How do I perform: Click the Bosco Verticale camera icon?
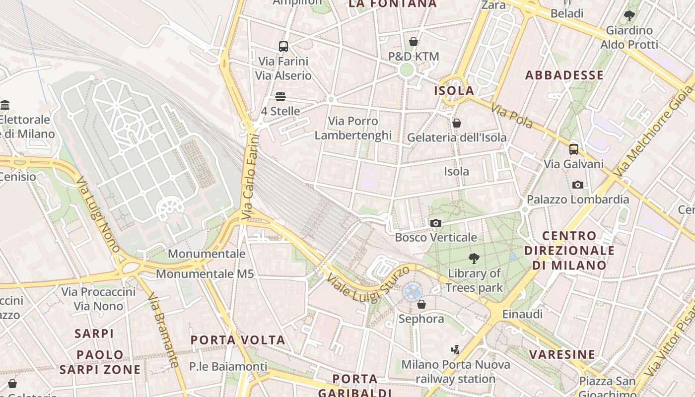[x=435, y=223]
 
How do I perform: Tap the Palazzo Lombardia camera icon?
[x=577, y=185]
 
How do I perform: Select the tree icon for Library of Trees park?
[x=474, y=258]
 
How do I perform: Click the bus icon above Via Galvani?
[x=574, y=149]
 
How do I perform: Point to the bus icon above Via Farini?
[x=283, y=47]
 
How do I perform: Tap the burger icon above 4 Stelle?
[x=280, y=97]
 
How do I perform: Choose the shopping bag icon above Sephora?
[x=421, y=304]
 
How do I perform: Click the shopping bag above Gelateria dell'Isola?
[x=457, y=123]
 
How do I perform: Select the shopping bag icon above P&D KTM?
[x=413, y=42]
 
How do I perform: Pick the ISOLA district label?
[x=454, y=91]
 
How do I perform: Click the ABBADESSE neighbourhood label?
[x=564, y=75]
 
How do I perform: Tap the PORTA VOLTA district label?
[x=238, y=340]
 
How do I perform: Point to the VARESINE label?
[x=562, y=354]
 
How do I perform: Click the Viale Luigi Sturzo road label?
[x=368, y=284]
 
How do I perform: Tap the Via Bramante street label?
[x=163, y=330]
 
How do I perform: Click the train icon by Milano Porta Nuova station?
[x=455, y=349]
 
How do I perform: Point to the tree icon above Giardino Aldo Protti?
[x=629, y=16]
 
